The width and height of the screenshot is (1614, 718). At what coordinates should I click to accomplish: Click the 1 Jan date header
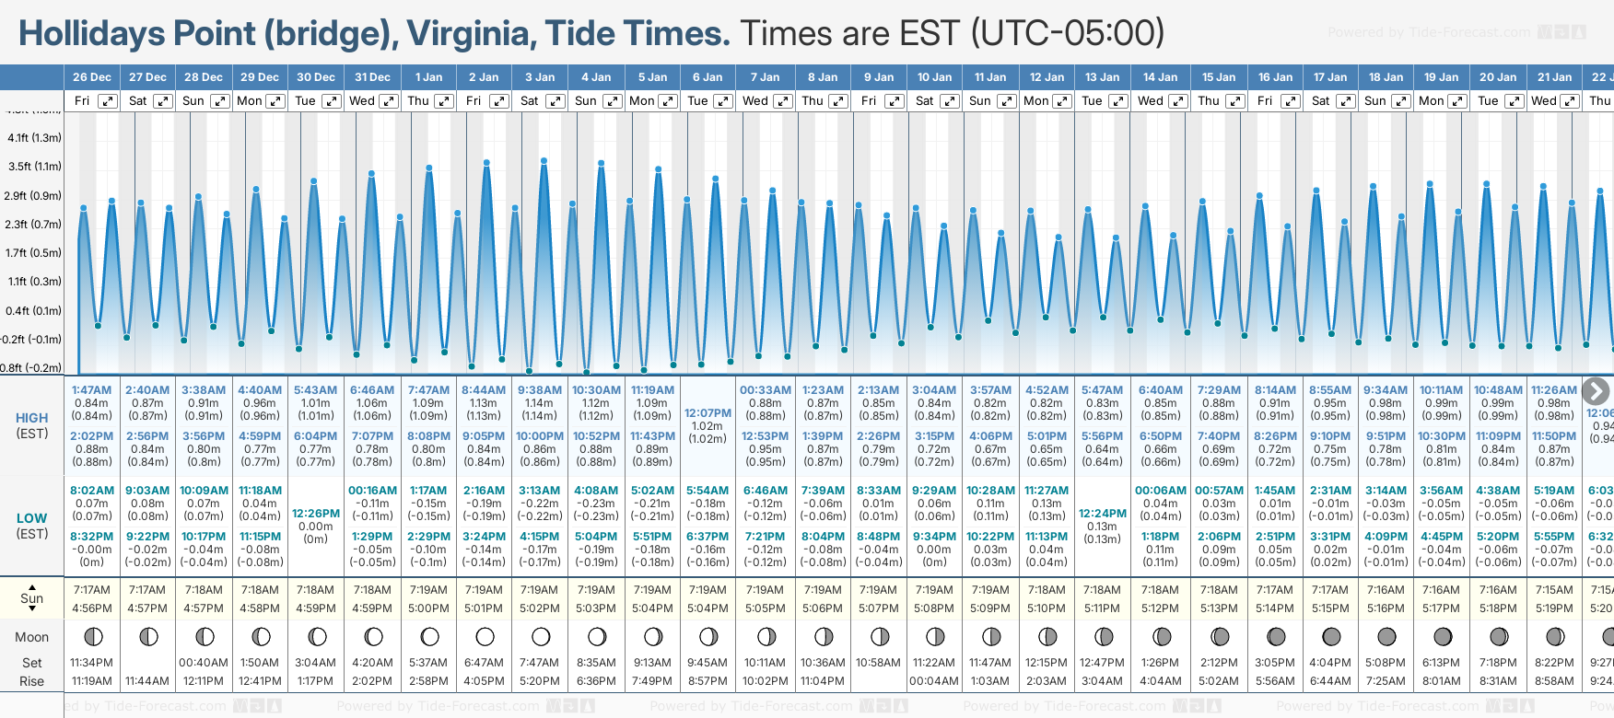[428, 77]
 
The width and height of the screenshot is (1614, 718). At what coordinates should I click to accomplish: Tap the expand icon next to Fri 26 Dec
[108, 101]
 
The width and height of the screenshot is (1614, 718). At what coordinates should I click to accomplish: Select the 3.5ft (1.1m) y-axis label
[34, 167]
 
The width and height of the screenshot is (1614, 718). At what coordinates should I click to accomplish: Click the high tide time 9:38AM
[539, 390]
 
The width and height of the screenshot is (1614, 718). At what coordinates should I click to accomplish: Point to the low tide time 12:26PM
[316, 514]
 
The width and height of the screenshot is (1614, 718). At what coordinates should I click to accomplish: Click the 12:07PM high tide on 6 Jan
[708, 413]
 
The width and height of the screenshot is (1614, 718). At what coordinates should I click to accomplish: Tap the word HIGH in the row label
[32, 418]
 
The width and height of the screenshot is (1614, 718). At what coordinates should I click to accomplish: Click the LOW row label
[32, 518]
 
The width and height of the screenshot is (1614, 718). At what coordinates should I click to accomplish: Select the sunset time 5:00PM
[428, 608]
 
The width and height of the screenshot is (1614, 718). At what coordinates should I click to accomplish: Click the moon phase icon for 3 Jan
[541, 636]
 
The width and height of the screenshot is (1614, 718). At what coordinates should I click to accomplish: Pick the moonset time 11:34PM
[91, 663]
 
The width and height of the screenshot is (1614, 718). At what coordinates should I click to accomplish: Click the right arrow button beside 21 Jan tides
[1595, 391]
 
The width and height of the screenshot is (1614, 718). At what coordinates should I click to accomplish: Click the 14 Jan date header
[1161, 77]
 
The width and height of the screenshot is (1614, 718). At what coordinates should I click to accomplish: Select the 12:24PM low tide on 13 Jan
[1103, 514]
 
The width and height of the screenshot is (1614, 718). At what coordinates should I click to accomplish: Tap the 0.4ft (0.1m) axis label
[34, 311]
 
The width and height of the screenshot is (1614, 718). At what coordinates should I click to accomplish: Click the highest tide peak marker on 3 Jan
[544, 161]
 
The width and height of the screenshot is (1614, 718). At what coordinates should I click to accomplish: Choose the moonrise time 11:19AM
[91, 681]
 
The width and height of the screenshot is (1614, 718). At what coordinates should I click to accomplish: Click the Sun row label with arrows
[32, 598]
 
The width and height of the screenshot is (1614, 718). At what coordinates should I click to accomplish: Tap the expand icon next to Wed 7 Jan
[781, 101]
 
